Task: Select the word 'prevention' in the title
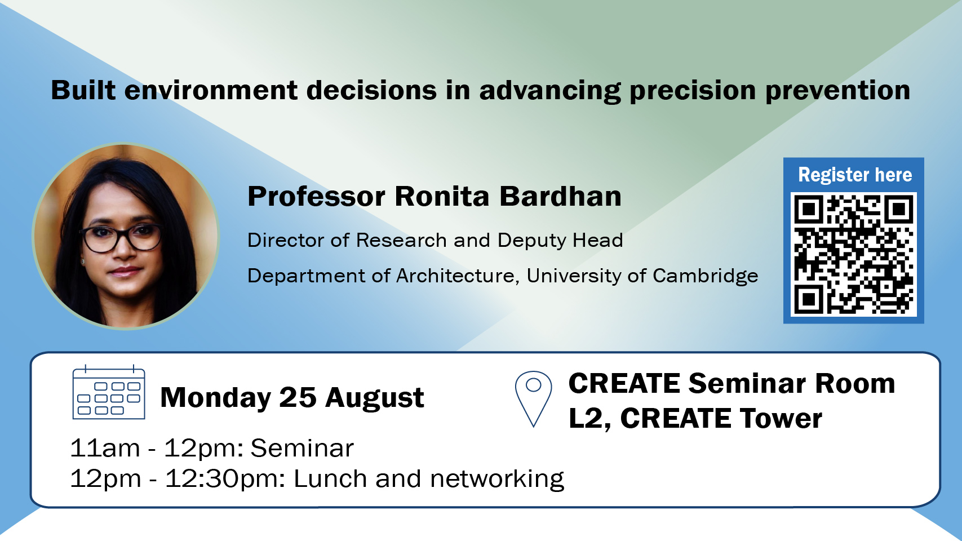838,91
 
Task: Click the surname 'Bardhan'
560,196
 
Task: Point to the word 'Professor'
317,196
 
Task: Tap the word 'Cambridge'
705,276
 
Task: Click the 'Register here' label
855,174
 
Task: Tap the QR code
854,254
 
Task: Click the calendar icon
109,392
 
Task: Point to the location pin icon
533,399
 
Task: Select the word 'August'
375,398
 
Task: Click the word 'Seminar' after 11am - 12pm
302,448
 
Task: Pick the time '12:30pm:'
225,479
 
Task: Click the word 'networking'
497,479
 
